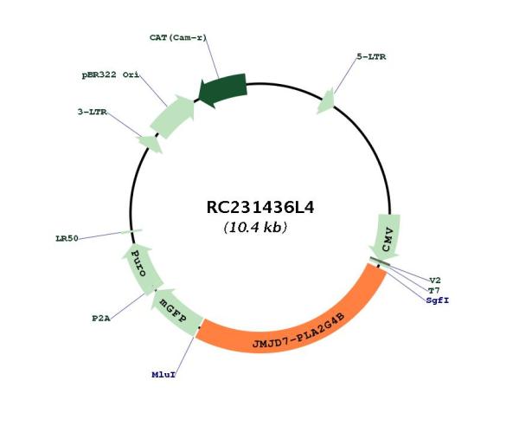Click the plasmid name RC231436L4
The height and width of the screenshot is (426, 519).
coord(260,208)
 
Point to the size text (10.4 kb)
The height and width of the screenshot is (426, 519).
coord(255,227)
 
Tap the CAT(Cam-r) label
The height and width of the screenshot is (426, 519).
coord(177,37)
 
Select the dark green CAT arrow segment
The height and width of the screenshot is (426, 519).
coord(223,90)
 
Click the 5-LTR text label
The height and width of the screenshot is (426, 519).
coord(371,56)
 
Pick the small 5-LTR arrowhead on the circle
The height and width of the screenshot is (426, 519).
coord(326,101)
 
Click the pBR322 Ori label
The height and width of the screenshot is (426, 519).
coord(111,74)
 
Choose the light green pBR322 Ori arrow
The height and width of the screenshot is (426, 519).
coord(173,116)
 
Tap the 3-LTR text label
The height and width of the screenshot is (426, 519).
coord(93,112)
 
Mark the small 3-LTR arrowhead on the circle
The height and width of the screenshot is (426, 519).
coord(151,144)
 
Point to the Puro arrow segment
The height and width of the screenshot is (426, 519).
coord(141,268)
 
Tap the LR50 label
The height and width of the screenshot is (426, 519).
coord(67,238)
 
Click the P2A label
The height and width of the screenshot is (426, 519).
coord(101,319)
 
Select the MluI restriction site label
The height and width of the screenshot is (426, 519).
coord(163,375)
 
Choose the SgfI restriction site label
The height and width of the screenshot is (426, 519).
coord(438,300)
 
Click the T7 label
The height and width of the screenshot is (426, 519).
coord(434,291)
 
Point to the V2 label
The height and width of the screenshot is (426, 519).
coord(435,281)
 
